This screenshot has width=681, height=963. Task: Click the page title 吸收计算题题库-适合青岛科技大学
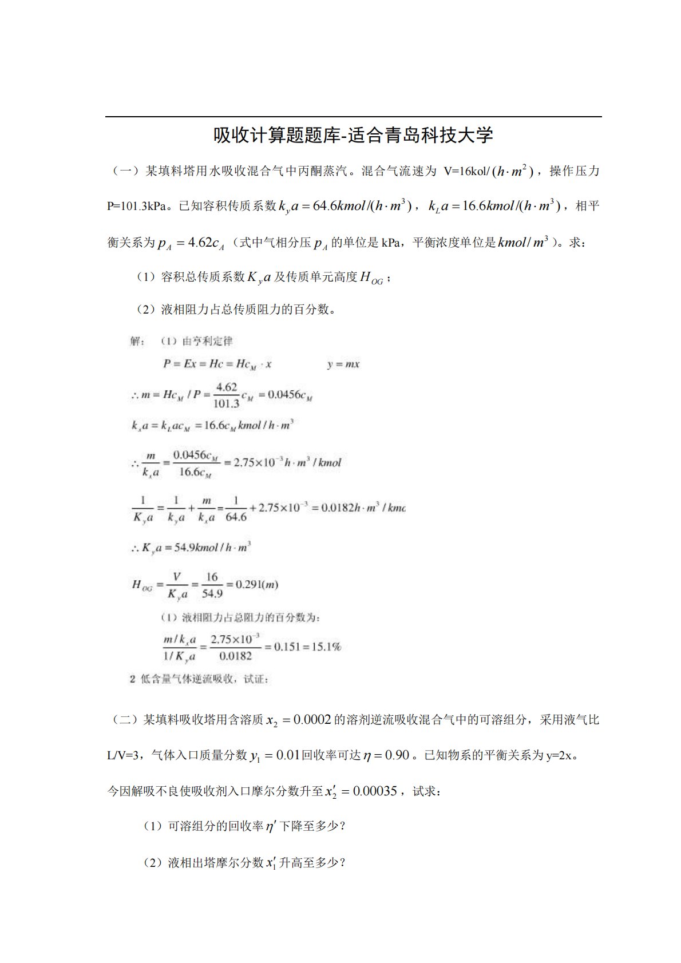click(x=353, y=136)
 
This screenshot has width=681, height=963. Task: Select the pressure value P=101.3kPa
click(x=136, y=207)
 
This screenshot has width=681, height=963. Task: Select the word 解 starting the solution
click(x=136, y=341)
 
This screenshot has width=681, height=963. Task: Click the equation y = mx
click(x=343, y=364)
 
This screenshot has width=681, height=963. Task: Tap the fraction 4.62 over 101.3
click(x=226, y=395)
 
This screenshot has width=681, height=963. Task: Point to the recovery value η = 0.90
click(x=386, y=755)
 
